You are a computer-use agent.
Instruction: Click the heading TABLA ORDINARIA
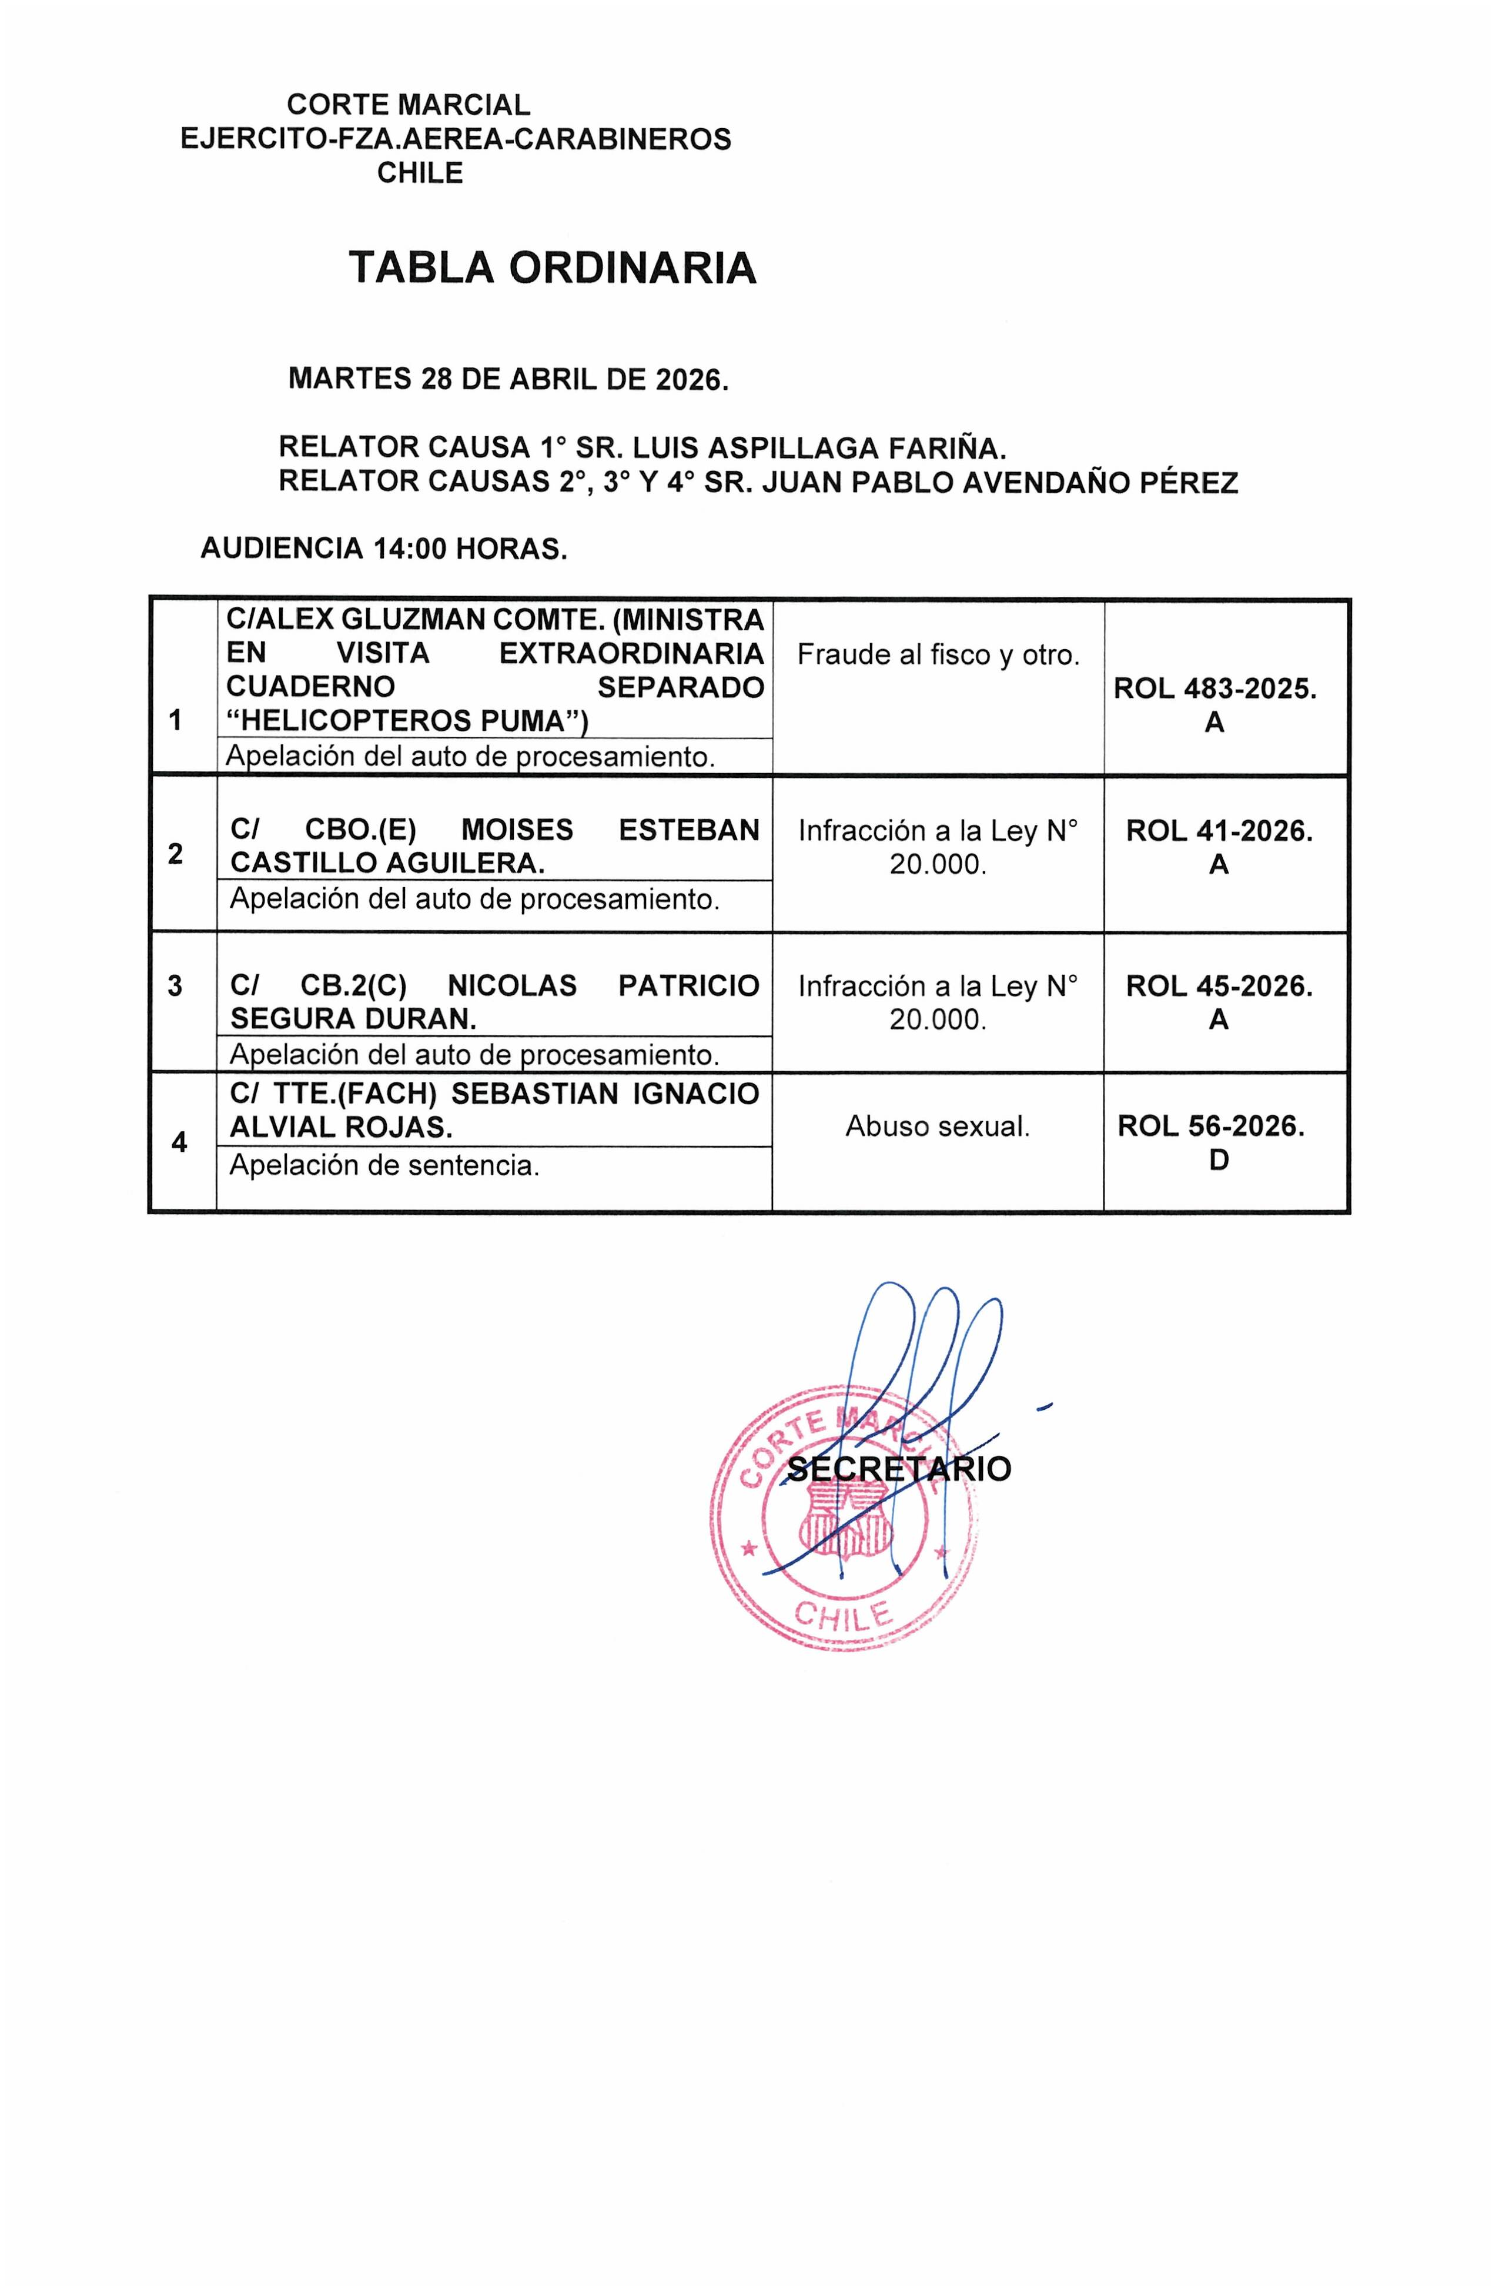pos(552,268)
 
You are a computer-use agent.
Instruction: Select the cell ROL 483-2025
pos(1214,689)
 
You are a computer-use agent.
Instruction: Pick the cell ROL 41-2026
pos(1219,831)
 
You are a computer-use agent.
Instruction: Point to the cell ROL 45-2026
pos(1219,987)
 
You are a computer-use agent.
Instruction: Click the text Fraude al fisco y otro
pos(938,655)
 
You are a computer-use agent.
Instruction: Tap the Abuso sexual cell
pos(938,1127)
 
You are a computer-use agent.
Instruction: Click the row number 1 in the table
pos(175,720)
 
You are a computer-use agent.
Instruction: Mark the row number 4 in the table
pos(179,1142)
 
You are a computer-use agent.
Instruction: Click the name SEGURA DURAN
pos(353,1020)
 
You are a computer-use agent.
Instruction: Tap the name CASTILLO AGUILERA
pos(387,863)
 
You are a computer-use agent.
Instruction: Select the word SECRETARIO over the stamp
pos(899,1469)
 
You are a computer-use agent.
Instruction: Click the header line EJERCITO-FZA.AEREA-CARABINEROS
pos(456,140)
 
